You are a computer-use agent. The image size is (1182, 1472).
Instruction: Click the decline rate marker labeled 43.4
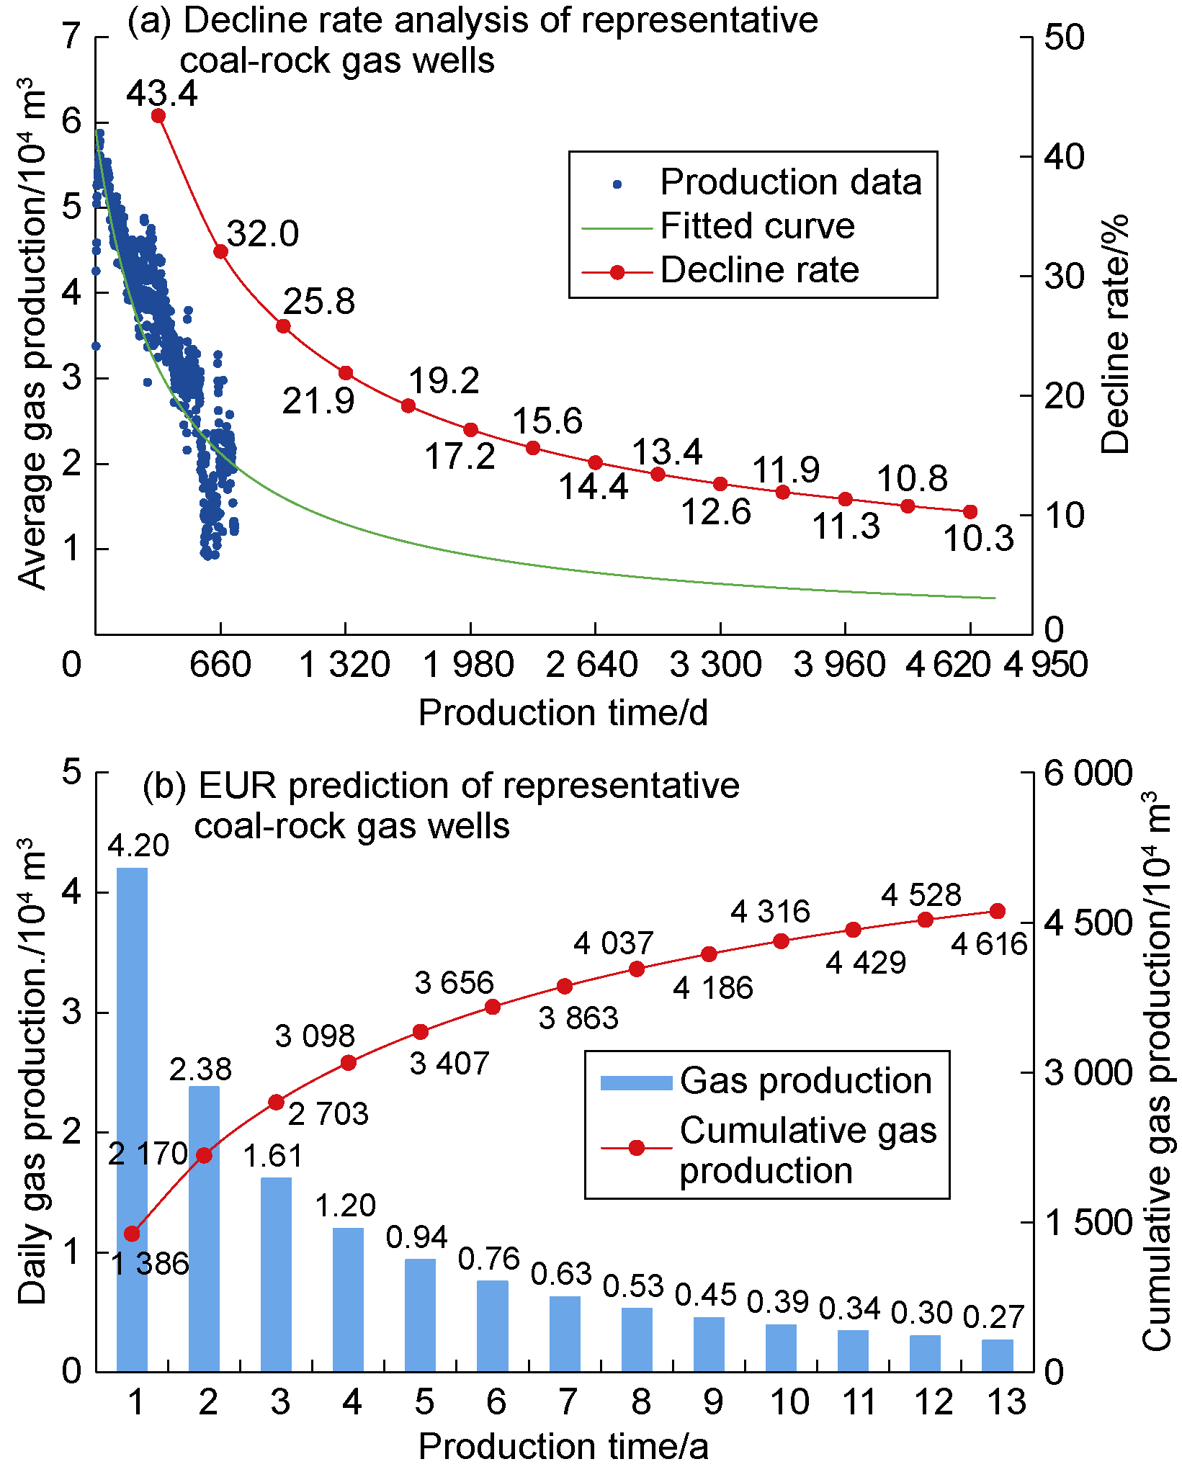point(158,116)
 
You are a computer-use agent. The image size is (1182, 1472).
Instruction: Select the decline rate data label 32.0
point(262,234)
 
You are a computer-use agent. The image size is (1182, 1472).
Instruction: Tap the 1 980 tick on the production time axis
point(468,664)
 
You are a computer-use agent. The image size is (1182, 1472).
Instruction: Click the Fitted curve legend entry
point(756,226)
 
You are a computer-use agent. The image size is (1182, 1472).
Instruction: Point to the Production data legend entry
point(790,182)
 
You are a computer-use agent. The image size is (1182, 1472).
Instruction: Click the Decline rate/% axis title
point(1115,334)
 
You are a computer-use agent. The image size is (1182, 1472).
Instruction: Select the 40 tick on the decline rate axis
point(1064,156)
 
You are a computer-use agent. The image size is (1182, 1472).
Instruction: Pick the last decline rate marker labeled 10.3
point(970,512)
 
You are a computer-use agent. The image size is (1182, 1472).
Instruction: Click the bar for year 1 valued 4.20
point(132,1119)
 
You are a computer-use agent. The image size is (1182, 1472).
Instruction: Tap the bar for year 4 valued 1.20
point(349,1299)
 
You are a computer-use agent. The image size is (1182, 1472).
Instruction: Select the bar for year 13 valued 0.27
point(998,1355)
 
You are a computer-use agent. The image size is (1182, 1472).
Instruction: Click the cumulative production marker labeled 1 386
point(132,1234)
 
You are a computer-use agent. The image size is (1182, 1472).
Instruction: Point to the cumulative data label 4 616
point(988,943)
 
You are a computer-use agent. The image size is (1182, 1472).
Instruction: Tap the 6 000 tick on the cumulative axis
point(1088,773)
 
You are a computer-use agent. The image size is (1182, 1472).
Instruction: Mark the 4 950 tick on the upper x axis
point(1045,664)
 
